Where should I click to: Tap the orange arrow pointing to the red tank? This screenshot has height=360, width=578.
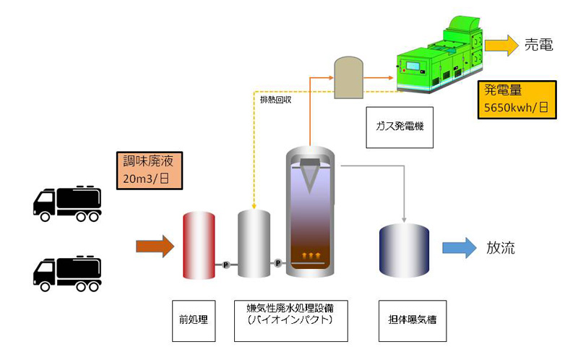point(155,247)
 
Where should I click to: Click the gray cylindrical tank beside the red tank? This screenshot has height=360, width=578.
point(254,244)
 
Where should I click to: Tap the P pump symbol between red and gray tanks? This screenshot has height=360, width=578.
point(226,265)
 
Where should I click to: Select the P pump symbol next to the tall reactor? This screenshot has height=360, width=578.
point(278,263)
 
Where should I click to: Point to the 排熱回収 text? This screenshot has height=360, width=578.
point(275,100)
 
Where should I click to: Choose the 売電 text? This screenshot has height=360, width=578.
point(538,46)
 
